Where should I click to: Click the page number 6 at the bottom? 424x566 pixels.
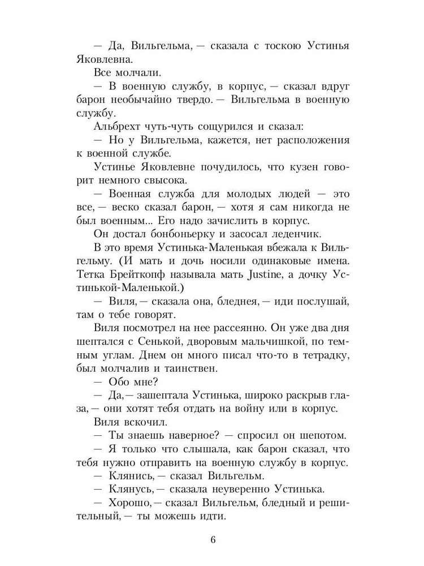point(213,538)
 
